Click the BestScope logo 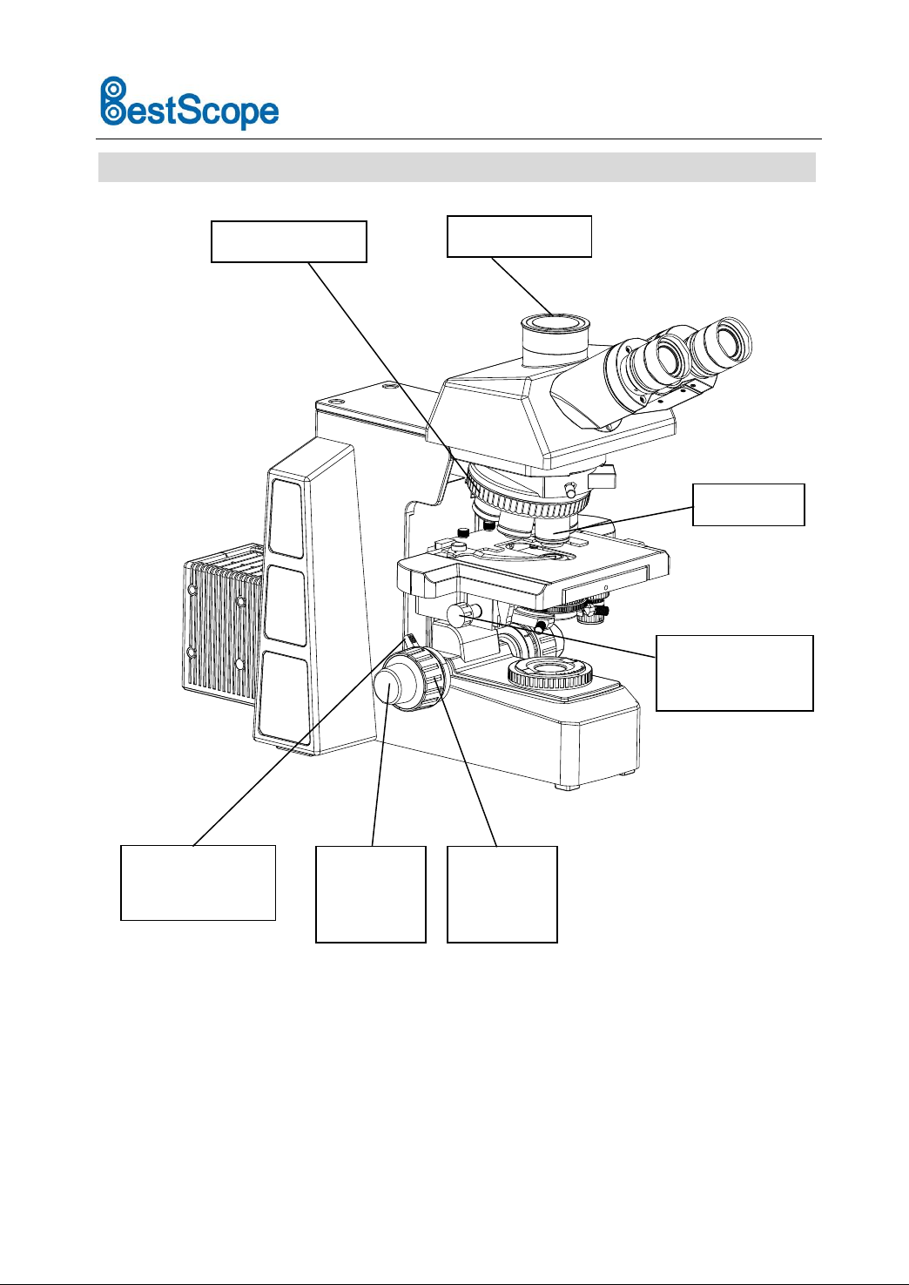[189, 104]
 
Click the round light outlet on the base [550, 672]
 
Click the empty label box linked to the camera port [519, 236]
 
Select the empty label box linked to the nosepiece [288, 241]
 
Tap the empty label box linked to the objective [748, 504]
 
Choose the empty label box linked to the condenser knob [734, 673]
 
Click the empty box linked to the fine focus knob [370, 893]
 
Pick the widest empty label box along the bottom [198, 882]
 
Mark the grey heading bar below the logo [456, 167]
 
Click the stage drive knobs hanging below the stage [592, 612]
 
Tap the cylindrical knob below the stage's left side [461, 614]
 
